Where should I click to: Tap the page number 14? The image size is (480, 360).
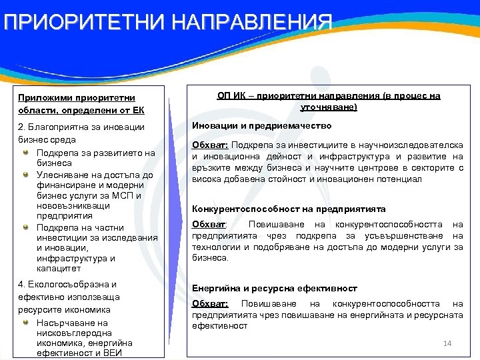(x=447, y=343)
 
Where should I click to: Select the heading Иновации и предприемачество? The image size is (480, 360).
(x=262, y=125)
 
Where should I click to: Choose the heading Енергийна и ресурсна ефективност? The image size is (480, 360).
(x=275, y=288)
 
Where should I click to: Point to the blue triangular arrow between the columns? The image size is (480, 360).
(x=175, y=220)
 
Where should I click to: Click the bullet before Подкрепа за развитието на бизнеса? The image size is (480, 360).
(x=26, y=153)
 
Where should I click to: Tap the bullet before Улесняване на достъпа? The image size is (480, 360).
(x=26, y=175)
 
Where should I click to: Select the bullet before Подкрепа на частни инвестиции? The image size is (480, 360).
(x=26, y=227)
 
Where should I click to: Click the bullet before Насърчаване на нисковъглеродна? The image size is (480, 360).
(x=26, y=323)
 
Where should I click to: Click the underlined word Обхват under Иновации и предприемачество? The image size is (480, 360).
(x=209, y=145)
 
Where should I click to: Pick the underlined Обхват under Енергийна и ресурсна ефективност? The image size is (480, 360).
(x=209, y=304)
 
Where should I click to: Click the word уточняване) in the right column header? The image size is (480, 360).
(x=329, y=107)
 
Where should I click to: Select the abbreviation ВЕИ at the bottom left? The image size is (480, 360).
(x=121, y=353)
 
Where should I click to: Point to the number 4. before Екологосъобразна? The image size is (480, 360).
(x=21, y=284)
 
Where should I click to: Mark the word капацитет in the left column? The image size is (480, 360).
(x=59, y=269)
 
